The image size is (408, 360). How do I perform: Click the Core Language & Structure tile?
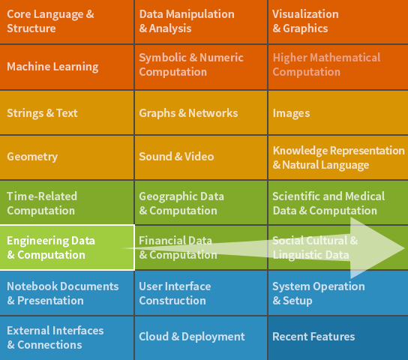[67, 21]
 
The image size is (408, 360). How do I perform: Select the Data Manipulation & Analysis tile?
[201, 21]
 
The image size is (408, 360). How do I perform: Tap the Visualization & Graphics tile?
[338, 21]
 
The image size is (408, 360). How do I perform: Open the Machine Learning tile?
[67, 67]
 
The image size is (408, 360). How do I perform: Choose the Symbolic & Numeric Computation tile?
[201, 67]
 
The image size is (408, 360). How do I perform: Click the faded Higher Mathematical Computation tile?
[338, 67]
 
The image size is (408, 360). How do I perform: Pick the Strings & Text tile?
[67, 112]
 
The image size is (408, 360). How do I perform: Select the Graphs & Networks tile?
[201, 112]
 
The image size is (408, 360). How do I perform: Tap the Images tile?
[338, 112]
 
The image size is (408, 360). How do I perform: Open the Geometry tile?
[67, 157]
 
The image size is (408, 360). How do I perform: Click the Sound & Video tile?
[201, 157]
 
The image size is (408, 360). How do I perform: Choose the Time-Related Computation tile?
[67, 202]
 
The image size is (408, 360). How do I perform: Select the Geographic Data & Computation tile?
[201, 202]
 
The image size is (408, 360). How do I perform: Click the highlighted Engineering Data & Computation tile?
[67, 247]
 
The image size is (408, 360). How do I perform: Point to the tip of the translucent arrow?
[404, 248]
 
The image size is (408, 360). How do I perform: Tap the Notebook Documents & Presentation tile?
[67, 293]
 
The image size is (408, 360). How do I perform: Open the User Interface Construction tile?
[201, 293]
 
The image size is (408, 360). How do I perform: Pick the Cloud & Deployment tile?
[201, 338]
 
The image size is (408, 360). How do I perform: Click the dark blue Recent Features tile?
[338, 338]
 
